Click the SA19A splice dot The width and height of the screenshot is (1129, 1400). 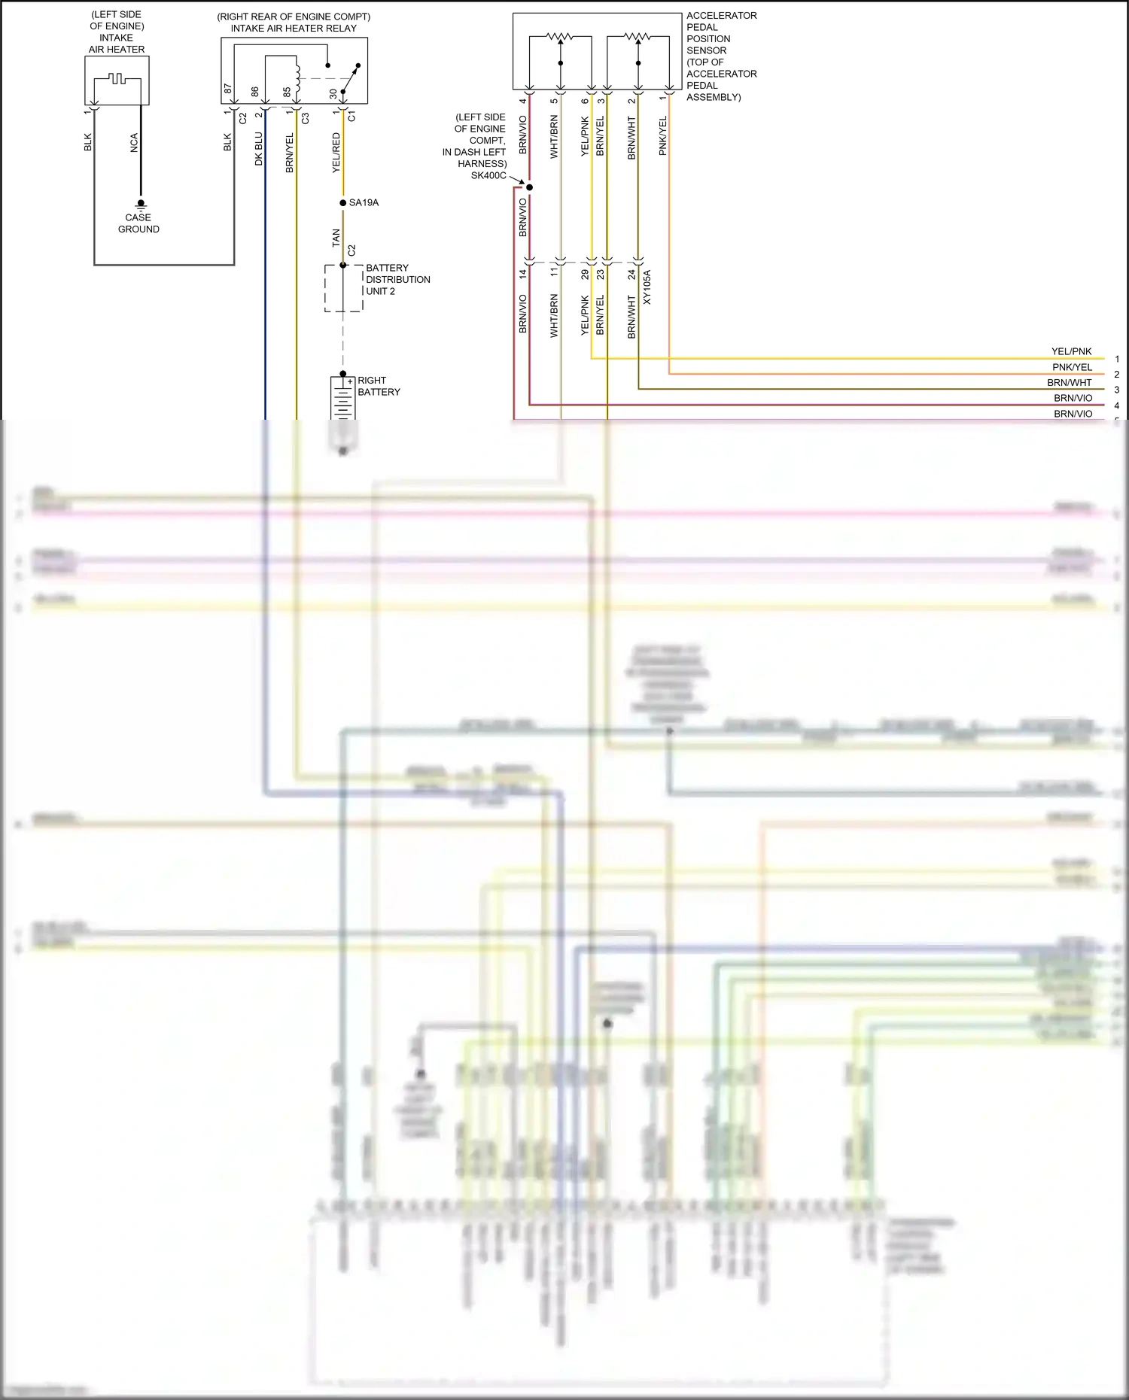pos(343,203)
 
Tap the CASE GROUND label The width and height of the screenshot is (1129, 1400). pos(138,223)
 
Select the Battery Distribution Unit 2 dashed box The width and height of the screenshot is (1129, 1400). pos(344,288)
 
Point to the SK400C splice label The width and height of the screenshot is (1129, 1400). pos(488,175)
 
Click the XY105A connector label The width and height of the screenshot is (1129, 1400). pos(647,287)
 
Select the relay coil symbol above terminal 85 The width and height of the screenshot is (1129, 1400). pos(297,75)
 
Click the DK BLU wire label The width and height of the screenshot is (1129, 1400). pos(259,149)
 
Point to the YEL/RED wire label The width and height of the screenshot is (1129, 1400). pos(336,153)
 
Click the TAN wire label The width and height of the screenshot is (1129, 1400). pos(336,238)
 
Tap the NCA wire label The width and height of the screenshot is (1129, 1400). pos(134,143)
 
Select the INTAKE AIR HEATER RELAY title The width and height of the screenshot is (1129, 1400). pos(294,29)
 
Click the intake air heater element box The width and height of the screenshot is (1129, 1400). pos(117,80)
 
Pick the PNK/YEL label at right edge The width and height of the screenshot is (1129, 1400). pos(1072,367)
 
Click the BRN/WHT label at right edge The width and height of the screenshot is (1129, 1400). pos(1069,383)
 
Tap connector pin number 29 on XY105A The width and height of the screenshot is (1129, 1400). pos(585,275)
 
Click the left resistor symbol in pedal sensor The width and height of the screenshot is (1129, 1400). pos(559,35)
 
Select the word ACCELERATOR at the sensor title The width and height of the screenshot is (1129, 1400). pos(721,16)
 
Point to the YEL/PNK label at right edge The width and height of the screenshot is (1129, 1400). pos(1071,351)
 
